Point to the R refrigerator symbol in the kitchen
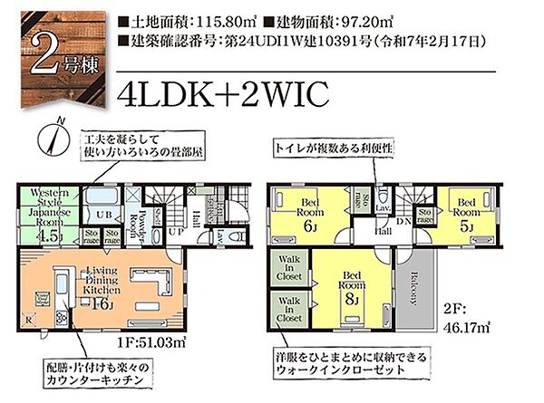(28, 318)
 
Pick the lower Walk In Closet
(290, 312)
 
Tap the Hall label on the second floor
(384, 231)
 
